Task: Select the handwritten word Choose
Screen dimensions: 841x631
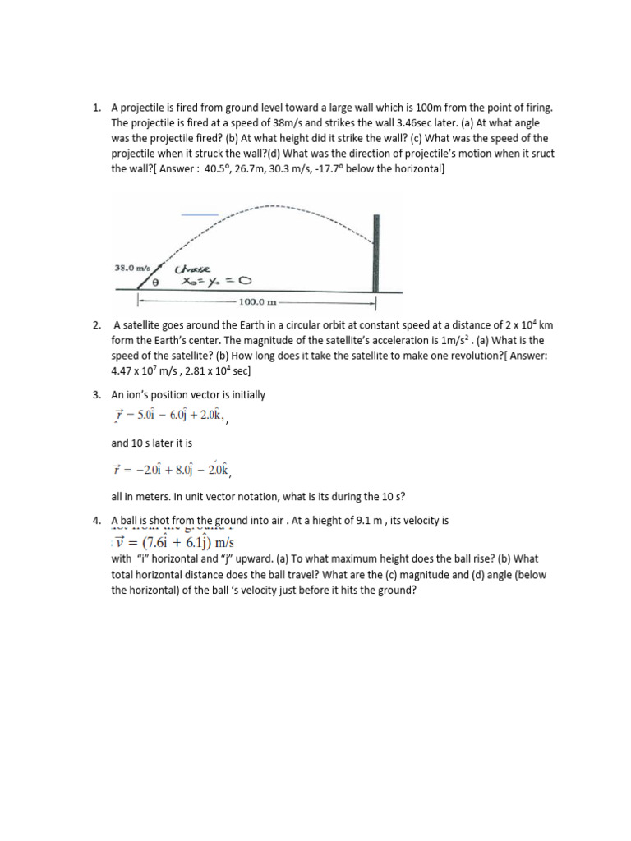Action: (x=193, y=269)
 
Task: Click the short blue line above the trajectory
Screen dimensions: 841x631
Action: (x=200, y=215)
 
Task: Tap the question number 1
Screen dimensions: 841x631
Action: (x=96, y=108)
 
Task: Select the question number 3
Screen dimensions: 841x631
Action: (x=96, y=395)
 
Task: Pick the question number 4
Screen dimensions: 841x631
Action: (x=96, y=521)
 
